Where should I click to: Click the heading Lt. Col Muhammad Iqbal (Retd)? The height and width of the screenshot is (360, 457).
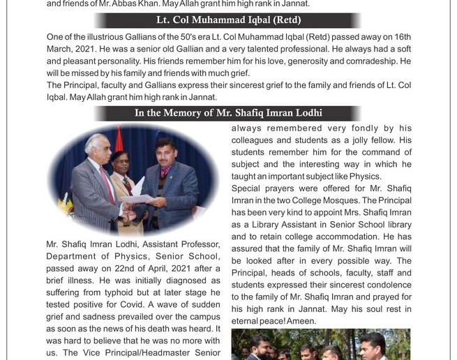228,20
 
